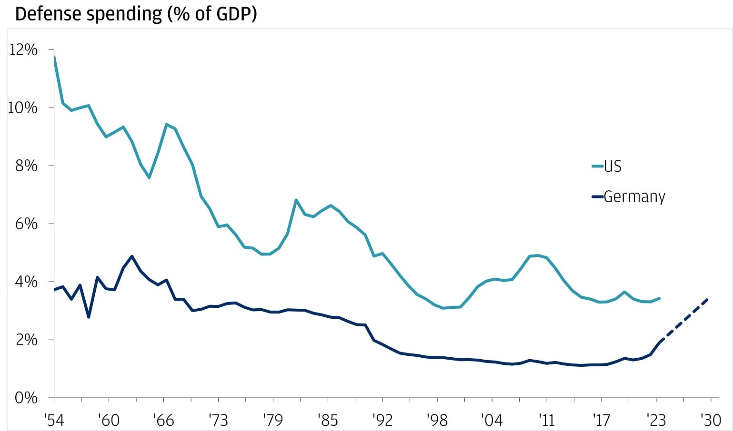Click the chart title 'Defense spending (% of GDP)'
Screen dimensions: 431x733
click(136, 14)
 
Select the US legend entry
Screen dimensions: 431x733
click(613, 166)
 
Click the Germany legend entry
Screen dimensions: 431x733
click(634, 196)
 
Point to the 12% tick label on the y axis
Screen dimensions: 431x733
click(23, 50)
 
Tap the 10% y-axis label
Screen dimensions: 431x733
click(23, 108)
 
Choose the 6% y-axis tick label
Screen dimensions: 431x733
click(26, 224)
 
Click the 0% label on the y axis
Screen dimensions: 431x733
click(26, 398)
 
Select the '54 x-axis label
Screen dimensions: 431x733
click(53, 420)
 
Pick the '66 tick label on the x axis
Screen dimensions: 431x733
click(163, 420)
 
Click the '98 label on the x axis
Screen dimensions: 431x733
click(437, 420)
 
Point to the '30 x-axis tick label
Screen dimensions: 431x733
click(710, 420)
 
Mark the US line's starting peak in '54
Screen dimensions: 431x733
click(54, 57)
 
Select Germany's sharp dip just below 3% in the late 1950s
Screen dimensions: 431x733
click(89, 317)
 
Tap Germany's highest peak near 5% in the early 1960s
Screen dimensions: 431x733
click(132, 256)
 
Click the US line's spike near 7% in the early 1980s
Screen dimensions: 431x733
click(296, 200)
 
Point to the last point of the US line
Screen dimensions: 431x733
click(660, 298)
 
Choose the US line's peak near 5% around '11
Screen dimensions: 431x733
click(538, 255)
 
